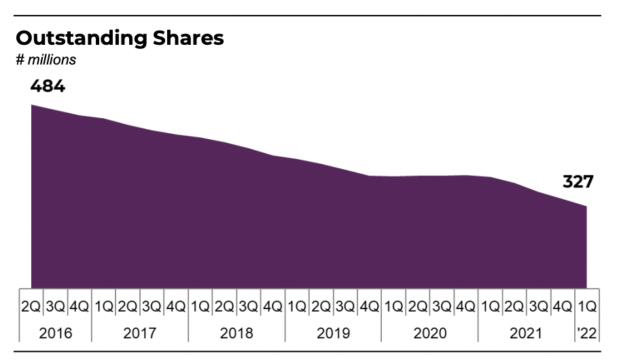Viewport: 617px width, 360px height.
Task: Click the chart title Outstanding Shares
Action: (120, 39)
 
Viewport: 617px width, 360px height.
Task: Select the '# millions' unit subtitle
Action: (46, 60)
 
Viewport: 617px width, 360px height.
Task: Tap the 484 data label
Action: (47, 86)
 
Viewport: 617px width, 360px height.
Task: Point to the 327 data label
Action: (578, 182)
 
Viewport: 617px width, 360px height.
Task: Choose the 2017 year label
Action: (139, 333)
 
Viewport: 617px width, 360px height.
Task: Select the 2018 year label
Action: (236, 333)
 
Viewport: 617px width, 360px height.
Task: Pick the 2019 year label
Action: (333, 333)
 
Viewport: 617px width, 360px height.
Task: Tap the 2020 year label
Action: (429, 333)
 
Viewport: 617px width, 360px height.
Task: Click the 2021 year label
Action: (526, 333)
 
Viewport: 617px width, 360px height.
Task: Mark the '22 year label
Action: (586, 333)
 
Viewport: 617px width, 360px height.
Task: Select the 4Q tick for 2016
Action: (79, 306)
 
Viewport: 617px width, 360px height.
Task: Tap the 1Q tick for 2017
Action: (103, 306)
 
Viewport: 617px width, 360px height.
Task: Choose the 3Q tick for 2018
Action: (248, 306)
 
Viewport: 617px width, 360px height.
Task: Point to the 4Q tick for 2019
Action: (369, 306)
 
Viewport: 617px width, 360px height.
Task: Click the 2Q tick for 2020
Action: (417, 306)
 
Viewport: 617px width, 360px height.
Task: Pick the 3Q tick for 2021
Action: (538, 306)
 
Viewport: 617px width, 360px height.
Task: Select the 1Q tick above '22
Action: (586, 306)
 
